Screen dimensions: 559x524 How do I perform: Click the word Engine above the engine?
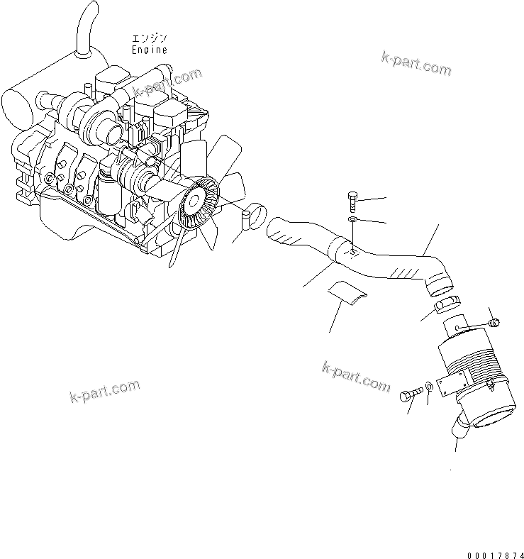[x=150, y=50]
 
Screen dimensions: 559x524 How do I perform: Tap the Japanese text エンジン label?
[x=149, y=38]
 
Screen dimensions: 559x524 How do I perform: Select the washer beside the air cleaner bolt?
[x=430, y=389]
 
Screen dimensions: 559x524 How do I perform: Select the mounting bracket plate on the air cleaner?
[x=450, y=385]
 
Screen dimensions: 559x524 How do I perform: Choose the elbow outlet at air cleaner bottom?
[x=459, y=428]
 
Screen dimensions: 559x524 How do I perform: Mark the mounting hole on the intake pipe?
[x=353, y=250]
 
